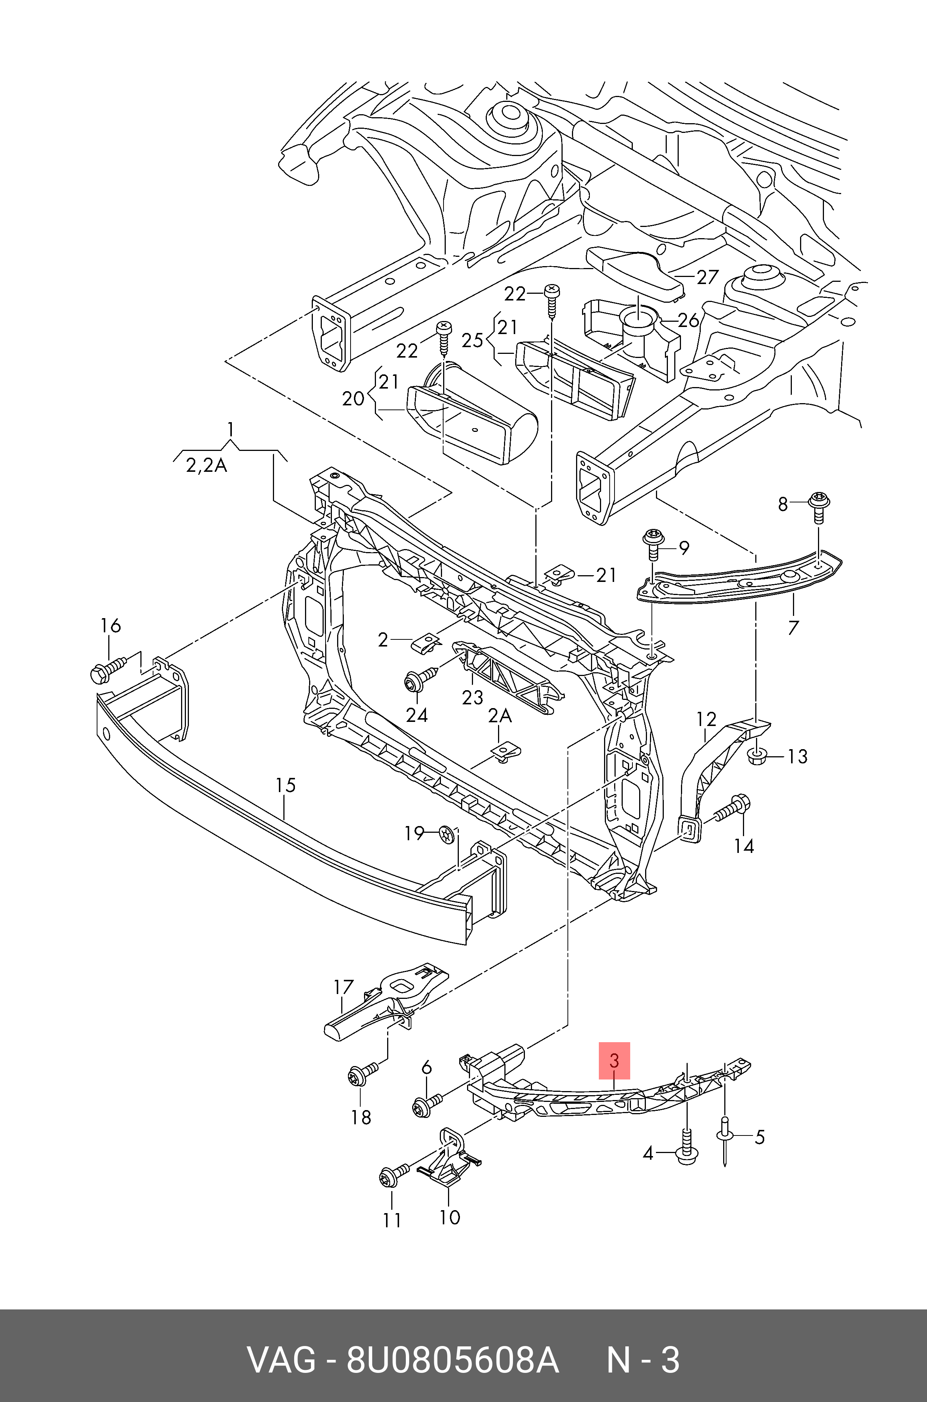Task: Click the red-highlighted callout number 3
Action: point(614,1060)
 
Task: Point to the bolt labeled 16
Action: point(106,670)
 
